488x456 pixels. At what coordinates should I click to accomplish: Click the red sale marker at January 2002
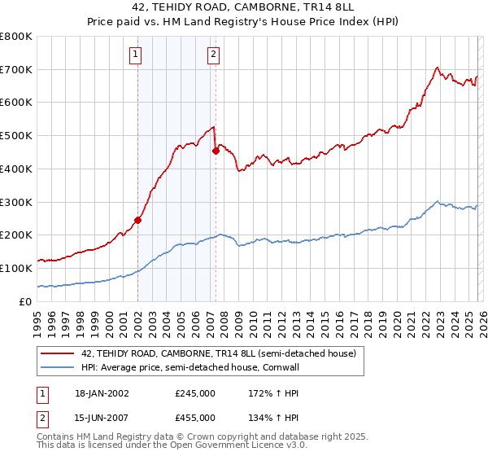137,220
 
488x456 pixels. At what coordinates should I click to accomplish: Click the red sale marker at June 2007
216,151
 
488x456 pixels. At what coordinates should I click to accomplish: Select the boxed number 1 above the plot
135,55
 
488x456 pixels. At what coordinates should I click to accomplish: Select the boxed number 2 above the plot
213,55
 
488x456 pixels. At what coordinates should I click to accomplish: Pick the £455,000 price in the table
195,418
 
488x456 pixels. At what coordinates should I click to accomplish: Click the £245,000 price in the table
195,393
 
